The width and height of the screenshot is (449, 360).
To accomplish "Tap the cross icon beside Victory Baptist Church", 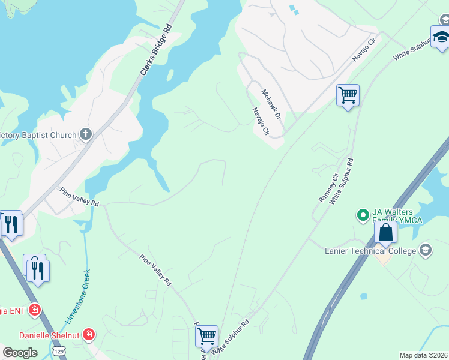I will click(86, 134).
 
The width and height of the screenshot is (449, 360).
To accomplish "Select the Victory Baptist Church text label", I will click(38, 135).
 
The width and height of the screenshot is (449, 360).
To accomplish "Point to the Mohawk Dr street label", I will click(271, 103).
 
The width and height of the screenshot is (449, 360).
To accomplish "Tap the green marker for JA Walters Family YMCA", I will click(363, 214).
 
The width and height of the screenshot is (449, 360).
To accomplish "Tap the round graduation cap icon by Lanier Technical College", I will click(426, 250).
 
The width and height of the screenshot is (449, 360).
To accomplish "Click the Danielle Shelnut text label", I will click(50, 334).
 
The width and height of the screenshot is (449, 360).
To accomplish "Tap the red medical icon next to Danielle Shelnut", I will click(89, 334).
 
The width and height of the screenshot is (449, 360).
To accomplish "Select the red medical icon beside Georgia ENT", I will click(35, 310).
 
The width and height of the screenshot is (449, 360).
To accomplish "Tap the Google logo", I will click(20, 353).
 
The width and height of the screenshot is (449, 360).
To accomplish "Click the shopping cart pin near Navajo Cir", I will click(348, 95).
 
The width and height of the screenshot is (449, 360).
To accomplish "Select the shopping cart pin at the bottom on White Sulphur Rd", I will click(206, 335).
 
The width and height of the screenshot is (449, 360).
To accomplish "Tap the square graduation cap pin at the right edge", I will click(441, 37).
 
